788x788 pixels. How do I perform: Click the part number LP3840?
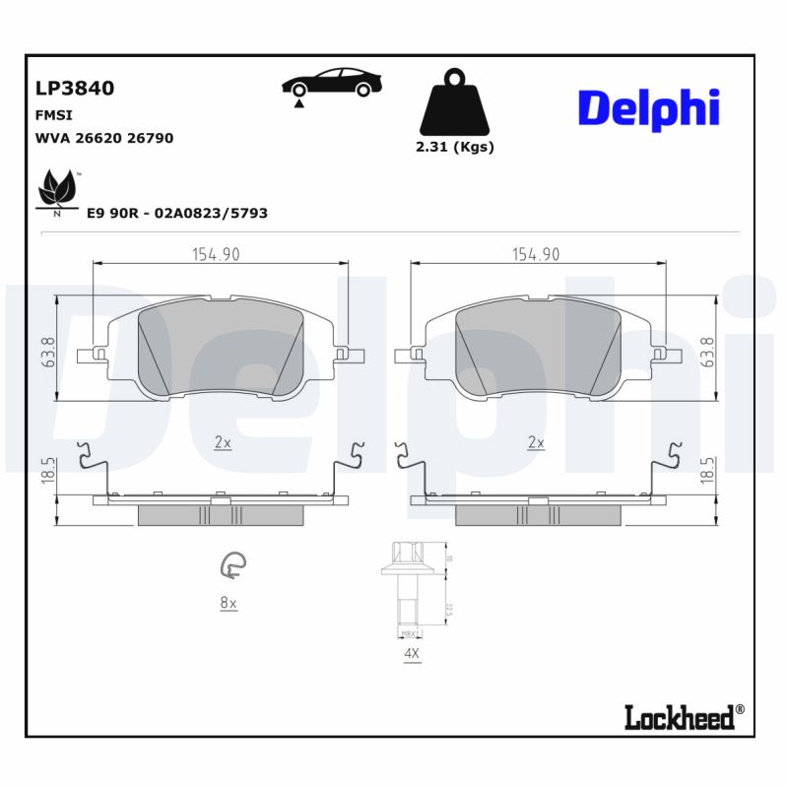(x=75, y=88)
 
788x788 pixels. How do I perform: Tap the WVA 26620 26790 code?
(x=104, y=138)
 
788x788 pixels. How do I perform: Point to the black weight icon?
(x=452, y=102)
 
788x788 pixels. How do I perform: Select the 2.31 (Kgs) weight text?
(x=453, y=147)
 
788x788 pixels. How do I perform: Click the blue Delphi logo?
(x=647, y=108)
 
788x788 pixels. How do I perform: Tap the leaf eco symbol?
(x=56, y=189)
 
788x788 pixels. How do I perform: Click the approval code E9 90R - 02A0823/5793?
(x=177, y=213)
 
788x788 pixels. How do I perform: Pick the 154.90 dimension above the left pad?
(x=215, y=254)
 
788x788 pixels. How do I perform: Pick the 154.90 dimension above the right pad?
(x=536, y=254)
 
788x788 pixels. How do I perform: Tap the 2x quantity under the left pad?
(x=223, y=443)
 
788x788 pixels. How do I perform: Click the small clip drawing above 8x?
(x=232, y=565)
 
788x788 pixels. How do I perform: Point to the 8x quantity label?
(x=229, y=603)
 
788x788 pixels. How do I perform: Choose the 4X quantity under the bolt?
(x=410, y=653)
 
